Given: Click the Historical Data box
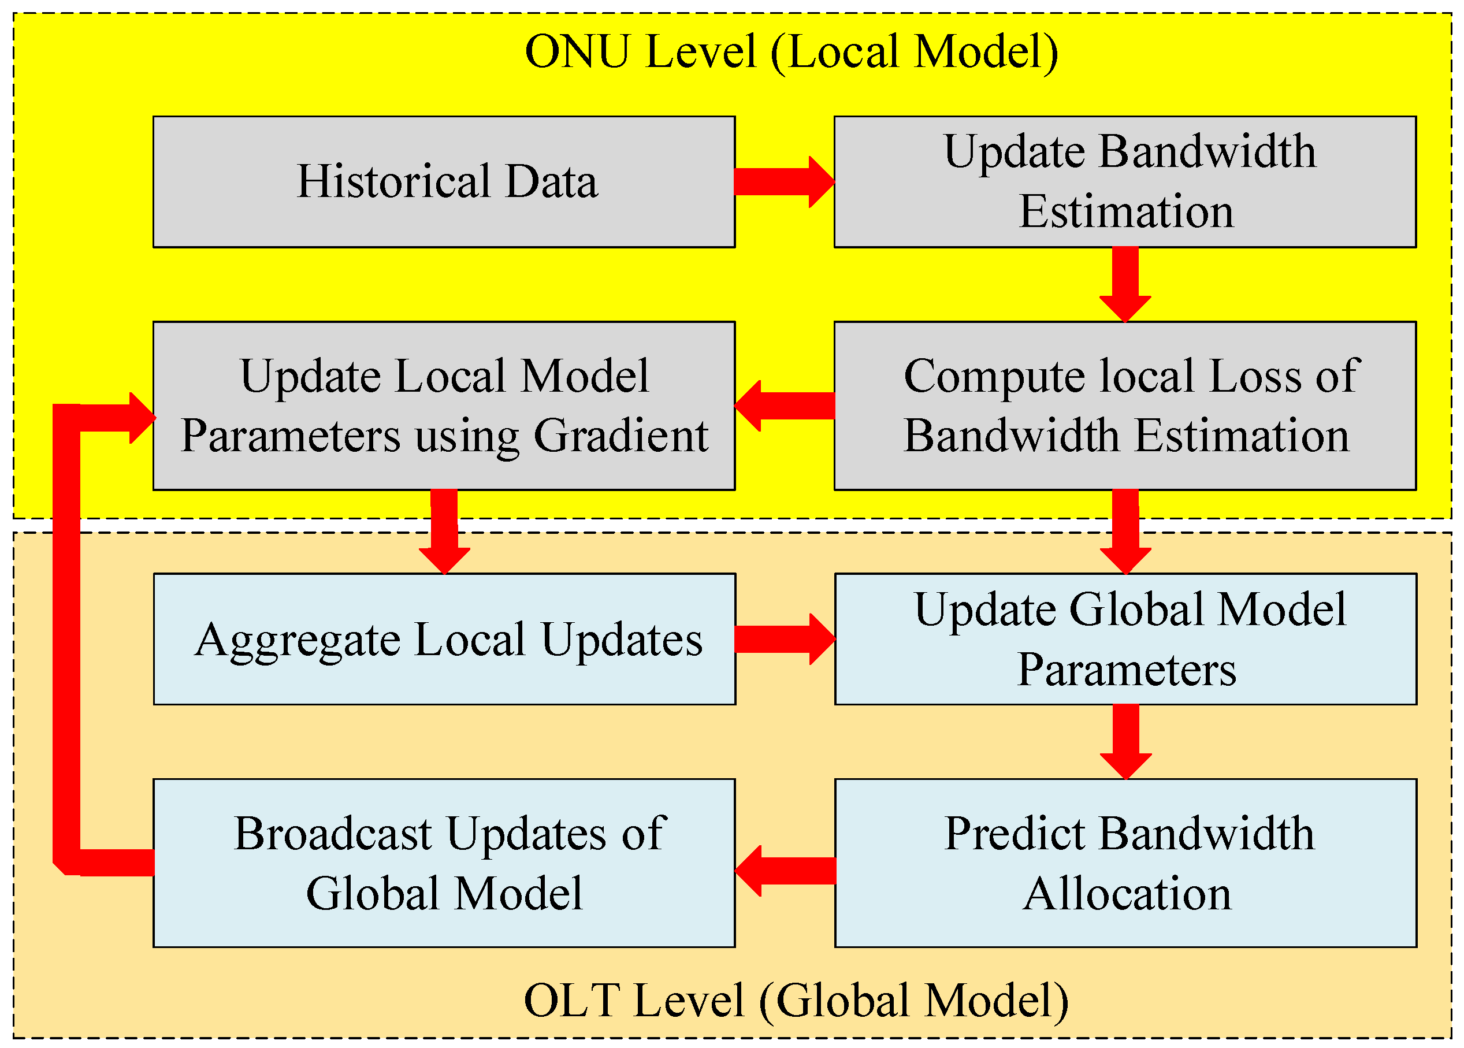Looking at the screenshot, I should [444, 181].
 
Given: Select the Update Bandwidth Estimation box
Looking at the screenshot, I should [1125, 181].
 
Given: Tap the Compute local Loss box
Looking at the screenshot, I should [1125, 405].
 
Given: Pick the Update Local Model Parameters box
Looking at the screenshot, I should [444, 405].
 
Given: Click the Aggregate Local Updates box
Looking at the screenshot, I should [444, 639].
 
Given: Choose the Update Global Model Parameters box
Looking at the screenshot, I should [1125, 639].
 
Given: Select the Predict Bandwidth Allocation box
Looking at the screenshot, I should [1125, 863].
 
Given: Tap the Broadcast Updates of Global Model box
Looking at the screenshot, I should [444, 863].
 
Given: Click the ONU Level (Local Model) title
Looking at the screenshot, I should [791, 51].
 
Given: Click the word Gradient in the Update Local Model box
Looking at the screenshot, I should [620, 436].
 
